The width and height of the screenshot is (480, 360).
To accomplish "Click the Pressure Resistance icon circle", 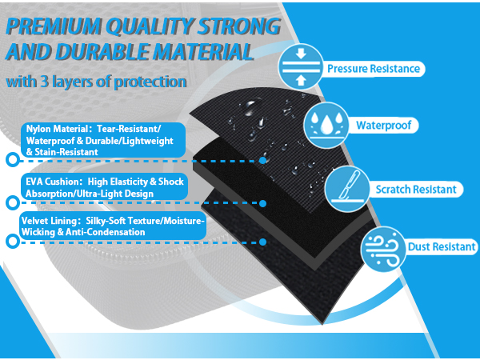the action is point(301,67).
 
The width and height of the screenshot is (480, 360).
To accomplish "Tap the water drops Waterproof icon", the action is point(326,126).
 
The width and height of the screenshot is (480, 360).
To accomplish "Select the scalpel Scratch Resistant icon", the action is point(347,189).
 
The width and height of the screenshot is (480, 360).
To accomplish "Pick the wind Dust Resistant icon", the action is point(383,249).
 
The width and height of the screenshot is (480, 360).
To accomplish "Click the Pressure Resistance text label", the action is point(374,69).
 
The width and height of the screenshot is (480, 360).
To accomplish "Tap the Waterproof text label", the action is point(384,126).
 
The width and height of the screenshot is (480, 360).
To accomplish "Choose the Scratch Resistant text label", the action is point(416,190).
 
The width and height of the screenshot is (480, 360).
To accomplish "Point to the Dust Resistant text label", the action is point(442,246).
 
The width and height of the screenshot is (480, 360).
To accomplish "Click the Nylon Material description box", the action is point(103,140).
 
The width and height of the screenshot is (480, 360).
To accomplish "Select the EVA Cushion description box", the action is point(104,187).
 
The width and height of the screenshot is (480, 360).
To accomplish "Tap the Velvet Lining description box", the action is point(113,226).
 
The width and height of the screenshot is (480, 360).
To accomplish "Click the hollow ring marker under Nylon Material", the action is point(13,159).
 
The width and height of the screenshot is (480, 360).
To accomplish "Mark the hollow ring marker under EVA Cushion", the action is point(13,203).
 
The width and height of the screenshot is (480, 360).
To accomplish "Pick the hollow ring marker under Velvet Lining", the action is point(13,242).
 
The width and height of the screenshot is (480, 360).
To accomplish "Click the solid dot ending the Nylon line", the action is point(262,160).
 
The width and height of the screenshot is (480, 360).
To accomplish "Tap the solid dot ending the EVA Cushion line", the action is point(262,203).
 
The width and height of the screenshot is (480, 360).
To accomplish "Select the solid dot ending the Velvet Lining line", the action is point(262,242).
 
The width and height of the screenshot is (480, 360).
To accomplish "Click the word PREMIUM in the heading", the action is point(54,26).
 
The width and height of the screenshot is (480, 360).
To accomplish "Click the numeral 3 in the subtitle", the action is point(44,82).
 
